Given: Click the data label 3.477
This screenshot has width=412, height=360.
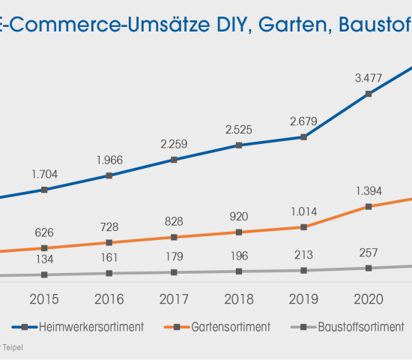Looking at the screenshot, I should pos(368,77).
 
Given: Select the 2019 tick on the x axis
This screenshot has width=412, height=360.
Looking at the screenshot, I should pos(303,299).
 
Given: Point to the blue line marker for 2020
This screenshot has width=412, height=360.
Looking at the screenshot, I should pos(368,94).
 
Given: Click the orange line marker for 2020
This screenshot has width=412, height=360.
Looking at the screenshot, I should pos(368,206).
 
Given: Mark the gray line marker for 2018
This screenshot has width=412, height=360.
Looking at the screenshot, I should pos(238,271).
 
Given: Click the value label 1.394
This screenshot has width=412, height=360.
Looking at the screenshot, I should pos(368,190).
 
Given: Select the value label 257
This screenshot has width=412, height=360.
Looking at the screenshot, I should pos(368,253).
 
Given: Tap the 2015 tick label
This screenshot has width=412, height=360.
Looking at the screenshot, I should pos(44,299).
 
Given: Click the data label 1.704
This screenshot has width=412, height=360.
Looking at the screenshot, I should pos(44,174).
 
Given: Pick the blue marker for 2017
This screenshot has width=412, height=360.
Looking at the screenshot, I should pos(174,160).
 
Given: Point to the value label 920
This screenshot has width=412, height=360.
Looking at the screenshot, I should pos(238,216).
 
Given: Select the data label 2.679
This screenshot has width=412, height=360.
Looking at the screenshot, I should pos(303,121).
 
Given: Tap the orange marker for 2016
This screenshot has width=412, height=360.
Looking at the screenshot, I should pos(109,242).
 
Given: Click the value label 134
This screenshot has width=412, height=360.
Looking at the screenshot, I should pos(44,259).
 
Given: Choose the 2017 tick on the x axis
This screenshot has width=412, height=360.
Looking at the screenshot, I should pos(174,299).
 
